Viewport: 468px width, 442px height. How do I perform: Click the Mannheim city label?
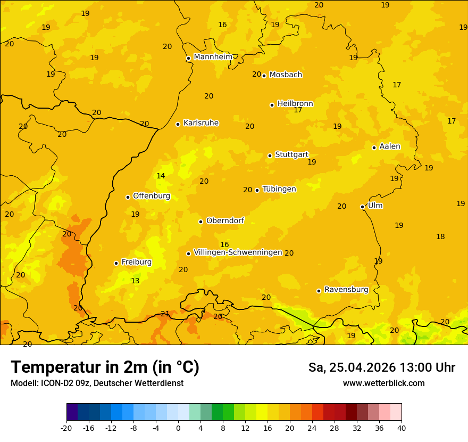[x=213, y=56]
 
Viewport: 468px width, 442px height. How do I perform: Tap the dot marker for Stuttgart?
[x=270, y=155]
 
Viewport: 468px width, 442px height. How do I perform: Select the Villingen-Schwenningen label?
[x=238, y=252]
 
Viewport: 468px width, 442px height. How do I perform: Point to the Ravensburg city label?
[x=346, y=290]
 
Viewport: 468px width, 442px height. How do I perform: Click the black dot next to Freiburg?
[x=116, y=263]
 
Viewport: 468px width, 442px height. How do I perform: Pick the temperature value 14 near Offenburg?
[x=161, y=176]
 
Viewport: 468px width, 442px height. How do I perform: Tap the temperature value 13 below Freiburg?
[x=135, y=281]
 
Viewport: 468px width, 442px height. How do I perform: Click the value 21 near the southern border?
[x=165, y=314]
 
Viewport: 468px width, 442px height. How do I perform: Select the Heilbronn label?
[x=295, y=103]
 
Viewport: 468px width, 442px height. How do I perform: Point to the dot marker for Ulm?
[x=362, y=207]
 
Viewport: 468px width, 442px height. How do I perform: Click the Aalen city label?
[x=390, y=146]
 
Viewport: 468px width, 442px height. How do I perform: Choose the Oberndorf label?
[x=225, y=220]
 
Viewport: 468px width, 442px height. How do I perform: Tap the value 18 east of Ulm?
[x=440, y=236]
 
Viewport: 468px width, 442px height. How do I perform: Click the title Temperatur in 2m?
[x=105, y=367]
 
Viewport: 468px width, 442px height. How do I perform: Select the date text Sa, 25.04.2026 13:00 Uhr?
[x=381, y=367]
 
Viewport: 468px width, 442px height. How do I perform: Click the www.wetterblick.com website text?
[x=383, y=383]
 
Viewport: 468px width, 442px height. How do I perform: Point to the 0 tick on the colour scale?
[x=178, y=428]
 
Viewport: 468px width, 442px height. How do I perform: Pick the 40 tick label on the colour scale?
[x=402, y=428]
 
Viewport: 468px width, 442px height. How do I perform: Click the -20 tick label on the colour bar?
[x=66, y=428]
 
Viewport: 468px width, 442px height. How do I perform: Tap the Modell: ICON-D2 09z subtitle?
[x=97, y=383]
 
